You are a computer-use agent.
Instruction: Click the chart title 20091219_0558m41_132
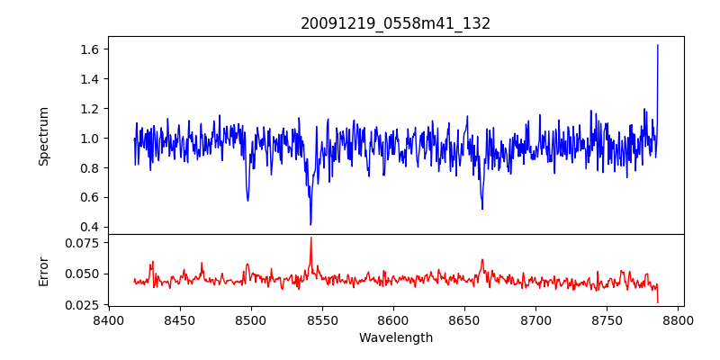pyautogui.click(x=395, y=23)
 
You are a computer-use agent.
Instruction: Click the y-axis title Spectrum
pyautogui.click(x=43, y=136)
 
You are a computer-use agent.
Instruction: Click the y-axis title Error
pyautogui.click(x=43, y=270)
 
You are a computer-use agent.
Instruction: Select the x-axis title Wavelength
pyautogui.click(x=395, y=337)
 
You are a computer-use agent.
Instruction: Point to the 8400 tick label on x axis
pyautogui.click(x=108, y=319)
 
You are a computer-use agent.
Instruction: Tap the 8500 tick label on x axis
pyautogui.click(x=250, y=319)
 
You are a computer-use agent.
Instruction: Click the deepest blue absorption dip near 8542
pyautogui.click(x=310, y=224)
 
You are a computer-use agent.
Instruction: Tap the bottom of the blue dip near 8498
pyautogui.click(x=247, y=200)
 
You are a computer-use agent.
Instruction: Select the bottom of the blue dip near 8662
pyautogui.click(x=482, y=209)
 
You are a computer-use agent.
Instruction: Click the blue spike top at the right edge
pyautogui.click(x=658, y=45)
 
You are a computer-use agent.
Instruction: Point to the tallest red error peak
pyautogui.click(x=310, y=238)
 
